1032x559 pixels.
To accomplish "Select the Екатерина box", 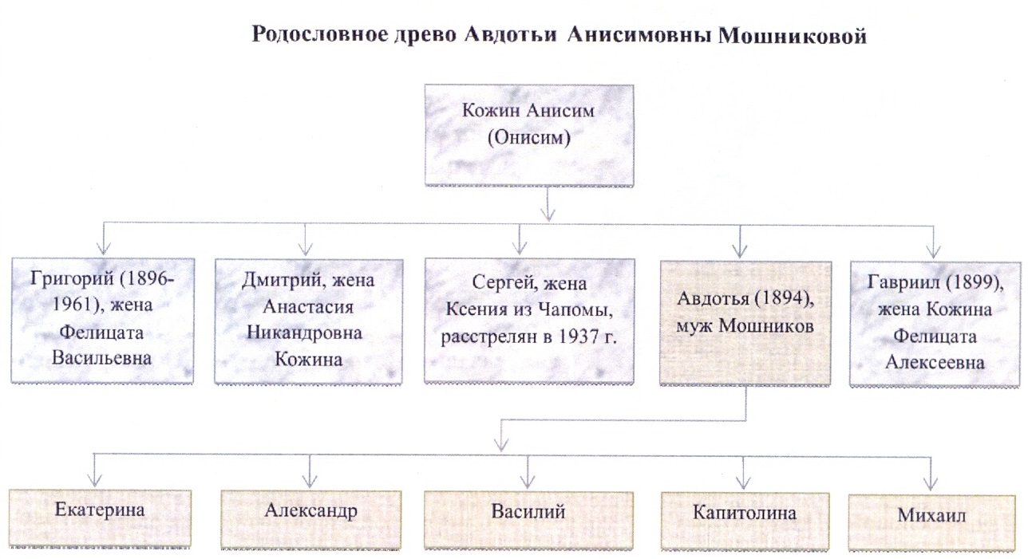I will pos(101,511).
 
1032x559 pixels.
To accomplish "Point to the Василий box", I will pos(529,511).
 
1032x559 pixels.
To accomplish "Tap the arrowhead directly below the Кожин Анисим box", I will pos(548,211).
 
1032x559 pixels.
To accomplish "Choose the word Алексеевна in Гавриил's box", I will pos(935,361).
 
